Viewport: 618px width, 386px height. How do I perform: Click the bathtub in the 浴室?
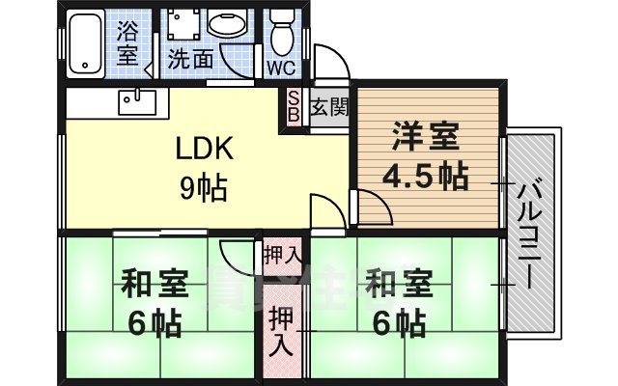coord(91,44)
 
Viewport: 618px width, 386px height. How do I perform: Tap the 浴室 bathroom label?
coord(127,43)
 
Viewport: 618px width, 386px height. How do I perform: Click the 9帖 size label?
coord(204,187)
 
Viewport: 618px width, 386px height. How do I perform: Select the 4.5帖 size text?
coord(424,177)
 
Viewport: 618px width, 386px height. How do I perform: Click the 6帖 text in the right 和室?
coord(397,322)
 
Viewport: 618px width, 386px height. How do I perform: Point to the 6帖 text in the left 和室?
coord(152,324)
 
